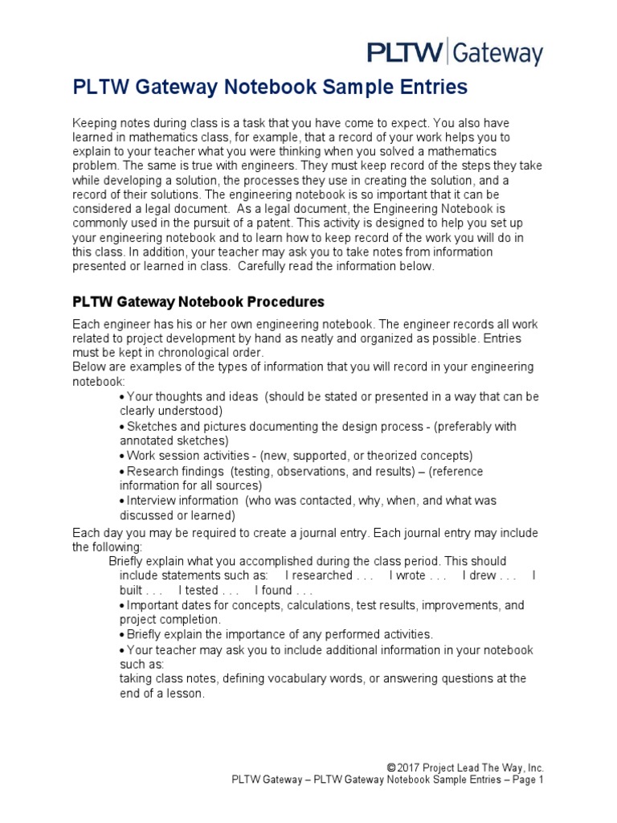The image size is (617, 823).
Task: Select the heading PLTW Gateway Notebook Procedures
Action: point(198,302)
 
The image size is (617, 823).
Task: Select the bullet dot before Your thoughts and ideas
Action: point(121,397)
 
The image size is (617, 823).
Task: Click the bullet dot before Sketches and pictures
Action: point(121,426)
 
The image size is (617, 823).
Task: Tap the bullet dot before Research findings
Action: point(121,472)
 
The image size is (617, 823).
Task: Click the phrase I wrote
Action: point(411,575)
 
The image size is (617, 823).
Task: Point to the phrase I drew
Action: point(483,575)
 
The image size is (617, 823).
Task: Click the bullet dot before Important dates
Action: point(121,605)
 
